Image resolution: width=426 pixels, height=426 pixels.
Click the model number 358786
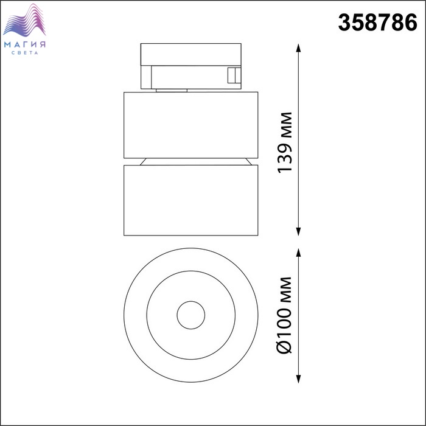pos(377,23)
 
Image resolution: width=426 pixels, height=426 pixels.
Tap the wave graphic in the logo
pos(24,20)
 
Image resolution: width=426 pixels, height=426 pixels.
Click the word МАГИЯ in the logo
pos(25,44)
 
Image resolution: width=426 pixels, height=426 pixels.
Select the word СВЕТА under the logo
pos(25,53)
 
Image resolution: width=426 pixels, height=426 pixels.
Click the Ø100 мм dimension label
pos(284,315)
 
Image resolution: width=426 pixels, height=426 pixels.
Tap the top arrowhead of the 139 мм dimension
pos(299,48)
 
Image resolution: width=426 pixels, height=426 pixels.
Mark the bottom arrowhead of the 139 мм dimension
pos(299,231)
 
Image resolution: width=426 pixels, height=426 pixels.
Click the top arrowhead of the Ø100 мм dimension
pos(299,253)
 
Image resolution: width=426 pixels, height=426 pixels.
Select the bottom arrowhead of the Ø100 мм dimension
pos(299,379)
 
